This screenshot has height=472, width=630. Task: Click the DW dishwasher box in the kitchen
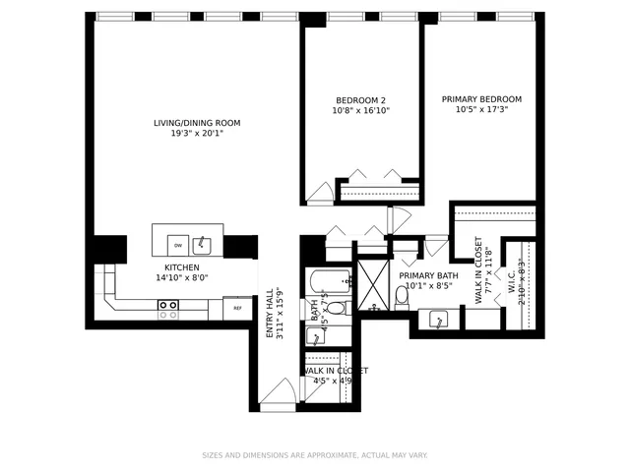pyautogui.click(x=178, y=245)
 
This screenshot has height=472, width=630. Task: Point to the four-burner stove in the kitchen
pyautogui.click(x=168, y=310)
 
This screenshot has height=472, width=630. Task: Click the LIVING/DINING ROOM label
pyautogui.click(x=197, y=123)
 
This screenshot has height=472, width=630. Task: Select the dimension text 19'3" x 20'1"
pyautogui.click(x=197, y=134)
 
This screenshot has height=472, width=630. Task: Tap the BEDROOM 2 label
pyautogui.click(x=360, y=99)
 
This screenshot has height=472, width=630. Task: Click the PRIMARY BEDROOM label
pyautogui.click(x=481, y=99)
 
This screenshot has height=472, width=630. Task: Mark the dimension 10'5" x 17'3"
pyautogui.click(x=481, y=110)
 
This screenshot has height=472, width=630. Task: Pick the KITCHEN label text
pyautogui.click(x=182, y=267)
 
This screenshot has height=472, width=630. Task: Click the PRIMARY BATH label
pyautogui.click(x=428, y=276)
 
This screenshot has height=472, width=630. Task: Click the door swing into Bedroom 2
pyautogui.click(x=320, y=192)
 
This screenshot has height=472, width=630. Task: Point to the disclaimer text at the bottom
pyautogui.click(x=315, y=455)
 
